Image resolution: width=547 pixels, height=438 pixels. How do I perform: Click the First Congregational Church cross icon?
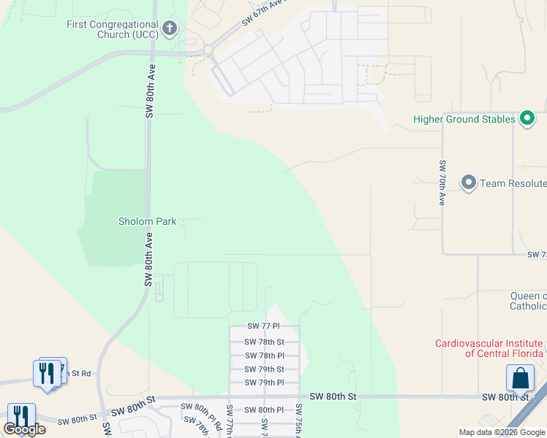[x=170, y=29]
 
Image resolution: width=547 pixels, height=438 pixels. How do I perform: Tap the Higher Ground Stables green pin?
[x=526, y=118]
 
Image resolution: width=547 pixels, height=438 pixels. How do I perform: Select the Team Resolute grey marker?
[x=469, y=182]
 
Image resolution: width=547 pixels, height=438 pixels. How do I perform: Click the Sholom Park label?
[x=147, y=221]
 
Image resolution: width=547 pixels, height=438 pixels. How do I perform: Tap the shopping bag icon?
[x=520, y=379]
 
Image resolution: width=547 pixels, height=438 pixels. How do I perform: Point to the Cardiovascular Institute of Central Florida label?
[x=489, y=348]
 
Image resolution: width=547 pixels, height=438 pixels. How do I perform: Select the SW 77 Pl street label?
[x=263, y=327]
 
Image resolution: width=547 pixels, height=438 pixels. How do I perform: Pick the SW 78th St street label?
[x=263, y=342]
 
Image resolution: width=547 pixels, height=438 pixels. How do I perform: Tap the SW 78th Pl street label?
[x=263, y=356]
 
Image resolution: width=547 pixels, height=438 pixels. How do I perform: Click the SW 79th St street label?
[x=263, y=369]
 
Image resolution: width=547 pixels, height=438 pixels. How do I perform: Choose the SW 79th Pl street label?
[x=263, y=383]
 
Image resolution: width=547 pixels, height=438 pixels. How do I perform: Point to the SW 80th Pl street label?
[x=263, y=410]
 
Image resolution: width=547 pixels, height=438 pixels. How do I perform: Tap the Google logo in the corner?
[x=24, y=429]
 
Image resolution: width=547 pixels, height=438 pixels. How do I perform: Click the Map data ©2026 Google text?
[x=502, y=432]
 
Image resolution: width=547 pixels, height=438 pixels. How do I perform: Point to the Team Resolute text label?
[x=512, y=183]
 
